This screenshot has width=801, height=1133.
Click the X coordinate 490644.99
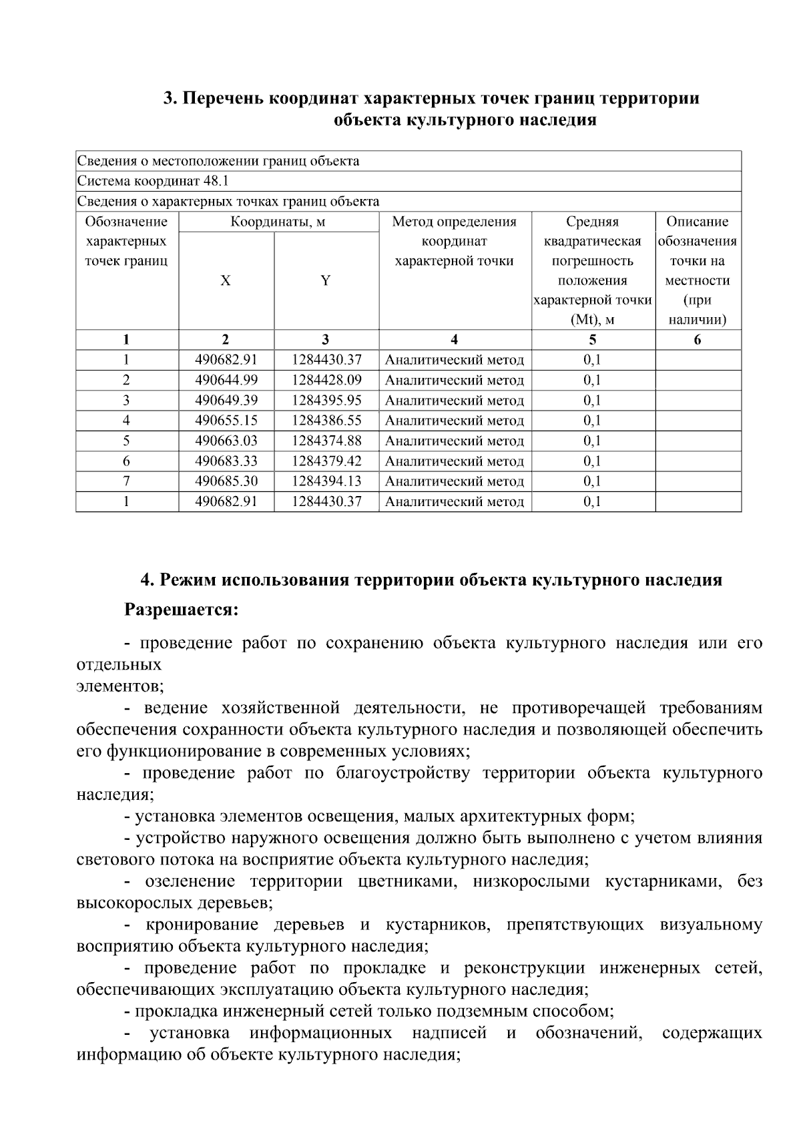click(226, 381)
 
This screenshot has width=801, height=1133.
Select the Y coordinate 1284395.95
click(326, 401)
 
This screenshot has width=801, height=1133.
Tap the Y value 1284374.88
click(326, 441)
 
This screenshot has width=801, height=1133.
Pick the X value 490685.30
click(226, 481)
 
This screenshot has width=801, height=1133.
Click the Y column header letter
click(325, 280)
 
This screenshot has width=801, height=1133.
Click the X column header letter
click(226, 280)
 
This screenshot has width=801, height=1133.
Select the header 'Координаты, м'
click(278, 222)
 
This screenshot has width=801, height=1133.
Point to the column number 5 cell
click(593, 340)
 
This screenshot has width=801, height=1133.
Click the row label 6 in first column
click(126, 461)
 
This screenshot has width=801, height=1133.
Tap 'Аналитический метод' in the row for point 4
click(455, 421)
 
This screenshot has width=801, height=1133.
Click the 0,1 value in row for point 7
click(592, 481)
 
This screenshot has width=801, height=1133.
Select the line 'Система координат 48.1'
click(154, 181)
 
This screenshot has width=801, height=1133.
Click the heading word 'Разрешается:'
click(181, 610)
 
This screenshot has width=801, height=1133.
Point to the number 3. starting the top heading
click(170, 98)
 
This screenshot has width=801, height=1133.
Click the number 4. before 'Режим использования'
click(147, 580)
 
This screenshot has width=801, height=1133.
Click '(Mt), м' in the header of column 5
click(593, 320)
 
